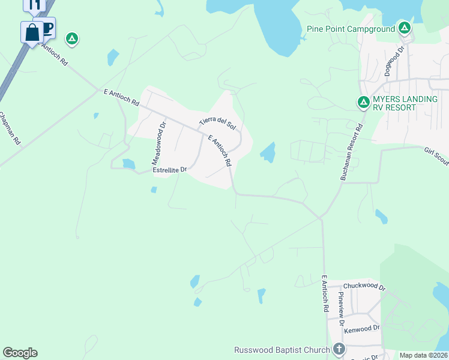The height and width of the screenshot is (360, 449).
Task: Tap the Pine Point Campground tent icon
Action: tap(405, 28)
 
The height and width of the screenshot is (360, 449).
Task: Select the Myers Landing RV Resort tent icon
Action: tap(363, 103)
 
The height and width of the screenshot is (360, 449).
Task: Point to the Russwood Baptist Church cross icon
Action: tap(339, 349)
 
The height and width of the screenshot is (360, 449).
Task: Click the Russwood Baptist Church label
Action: tap(282, 350)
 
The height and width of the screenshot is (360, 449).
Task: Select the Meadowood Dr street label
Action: tap(158, 143)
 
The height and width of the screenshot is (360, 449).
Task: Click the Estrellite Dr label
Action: tap(170, 170)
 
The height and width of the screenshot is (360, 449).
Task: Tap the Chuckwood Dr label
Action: tap(363, 286)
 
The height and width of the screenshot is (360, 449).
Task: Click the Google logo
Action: tap(20, 353)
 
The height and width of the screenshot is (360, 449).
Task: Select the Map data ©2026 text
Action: tap(423, 355)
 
